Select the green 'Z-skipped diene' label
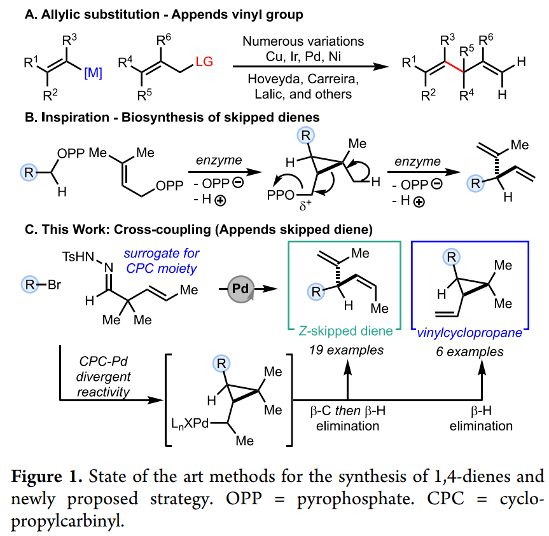(x=345, y=331)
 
